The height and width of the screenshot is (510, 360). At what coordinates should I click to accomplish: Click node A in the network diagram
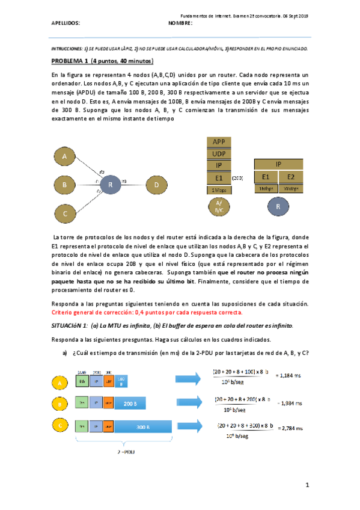(x=64, y=156)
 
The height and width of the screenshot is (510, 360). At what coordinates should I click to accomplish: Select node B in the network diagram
(x=64, y=185)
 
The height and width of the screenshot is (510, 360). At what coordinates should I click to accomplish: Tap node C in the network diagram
(x=64, y=213)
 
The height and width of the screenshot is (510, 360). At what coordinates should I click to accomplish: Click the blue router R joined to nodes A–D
(x=110, y=185)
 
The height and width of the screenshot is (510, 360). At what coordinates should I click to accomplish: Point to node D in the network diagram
(x=156, y=185)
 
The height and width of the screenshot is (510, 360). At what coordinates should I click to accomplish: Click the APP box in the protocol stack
(x=219, y=143)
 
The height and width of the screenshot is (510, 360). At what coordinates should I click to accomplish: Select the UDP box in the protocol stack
(x=219, y=154)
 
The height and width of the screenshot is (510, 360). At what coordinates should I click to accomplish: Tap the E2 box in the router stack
(x=291, y=177)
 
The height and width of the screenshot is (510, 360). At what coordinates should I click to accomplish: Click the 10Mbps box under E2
(x=291, y=188)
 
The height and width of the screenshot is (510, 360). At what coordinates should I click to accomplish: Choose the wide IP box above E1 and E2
(x=278, y=164)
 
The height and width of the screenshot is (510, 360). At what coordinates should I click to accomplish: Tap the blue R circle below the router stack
(x=278, y=206)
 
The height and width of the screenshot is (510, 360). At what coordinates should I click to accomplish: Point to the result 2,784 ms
(x=291, y=428)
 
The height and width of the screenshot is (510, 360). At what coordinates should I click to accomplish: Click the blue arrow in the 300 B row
(x=192, y=428)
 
